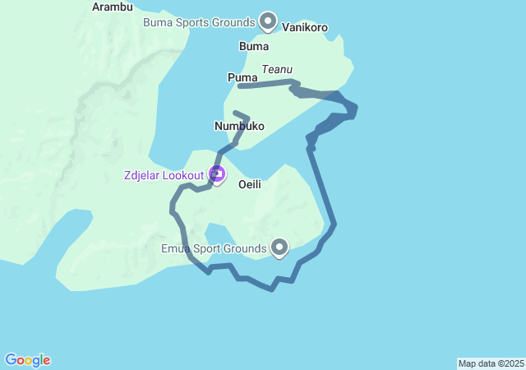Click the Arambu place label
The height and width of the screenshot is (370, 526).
coord(113,7)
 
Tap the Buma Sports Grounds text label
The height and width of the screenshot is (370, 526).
coord(199,22)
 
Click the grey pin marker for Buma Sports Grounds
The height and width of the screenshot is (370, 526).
coord(268,21)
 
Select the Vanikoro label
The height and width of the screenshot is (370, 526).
coord(305,28)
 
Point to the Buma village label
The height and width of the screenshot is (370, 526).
coord(253,46)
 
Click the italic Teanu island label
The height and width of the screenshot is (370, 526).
coord(277,70)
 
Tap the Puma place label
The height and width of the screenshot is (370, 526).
coord(242,77)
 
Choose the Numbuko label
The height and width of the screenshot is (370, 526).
coord(239,126)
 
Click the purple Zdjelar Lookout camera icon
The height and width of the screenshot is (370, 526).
coord(217,173)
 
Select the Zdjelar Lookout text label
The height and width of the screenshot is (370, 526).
coord(164,174)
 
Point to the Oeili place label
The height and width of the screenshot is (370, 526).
coord(250,185)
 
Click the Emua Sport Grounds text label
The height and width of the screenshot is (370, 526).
coord(214,247)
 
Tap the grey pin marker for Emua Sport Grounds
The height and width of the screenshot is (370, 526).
coord(279,246)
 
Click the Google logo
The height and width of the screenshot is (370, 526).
coord(27,360)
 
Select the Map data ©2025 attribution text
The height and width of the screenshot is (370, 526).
coord(491,363)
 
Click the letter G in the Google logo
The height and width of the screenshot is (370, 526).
coord(11,359)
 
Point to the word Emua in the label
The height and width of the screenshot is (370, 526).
coord(176,247)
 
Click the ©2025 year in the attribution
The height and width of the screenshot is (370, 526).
coord(509,363)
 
